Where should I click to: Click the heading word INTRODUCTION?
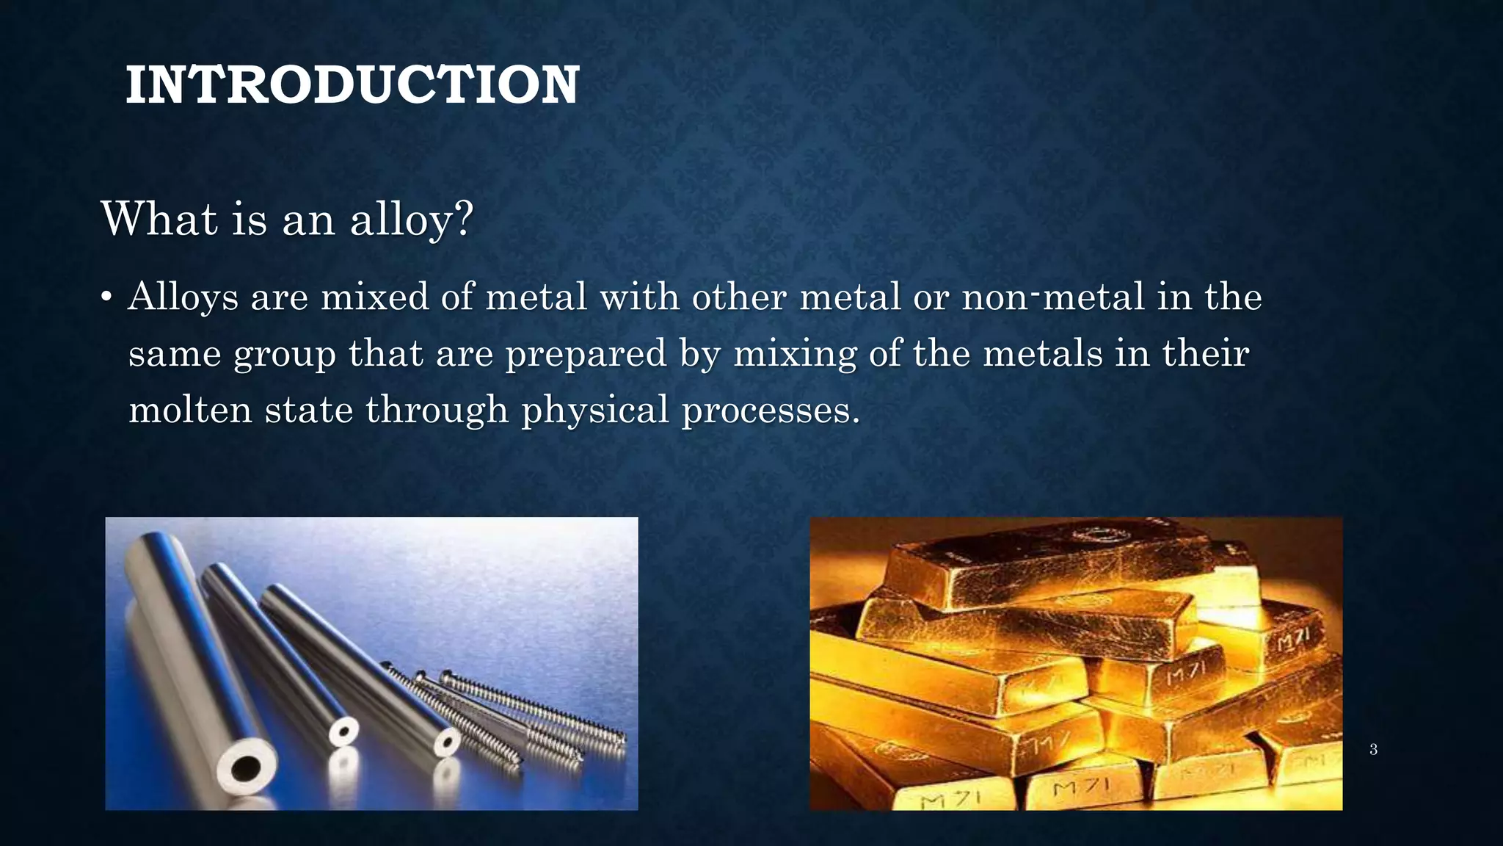pyautogui.click(x=352, y=85)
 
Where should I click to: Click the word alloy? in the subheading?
pyautogui.click(x=412, y=220)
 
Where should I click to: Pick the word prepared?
pyautogui.click(x=586, y=355)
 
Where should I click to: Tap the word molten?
pyautogui.click(x=190, y=410)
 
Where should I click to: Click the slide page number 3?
pyautogui.click(x=1373, y=750)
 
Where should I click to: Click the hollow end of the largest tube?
pyautogui.click(x=245, y=769)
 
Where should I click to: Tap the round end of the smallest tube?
pyautogui.click(x=343, y=732)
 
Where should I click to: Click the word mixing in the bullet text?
pyautogui.click(x=795, y=355)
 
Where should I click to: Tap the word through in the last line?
pyautogui.click(x=437, y=410)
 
